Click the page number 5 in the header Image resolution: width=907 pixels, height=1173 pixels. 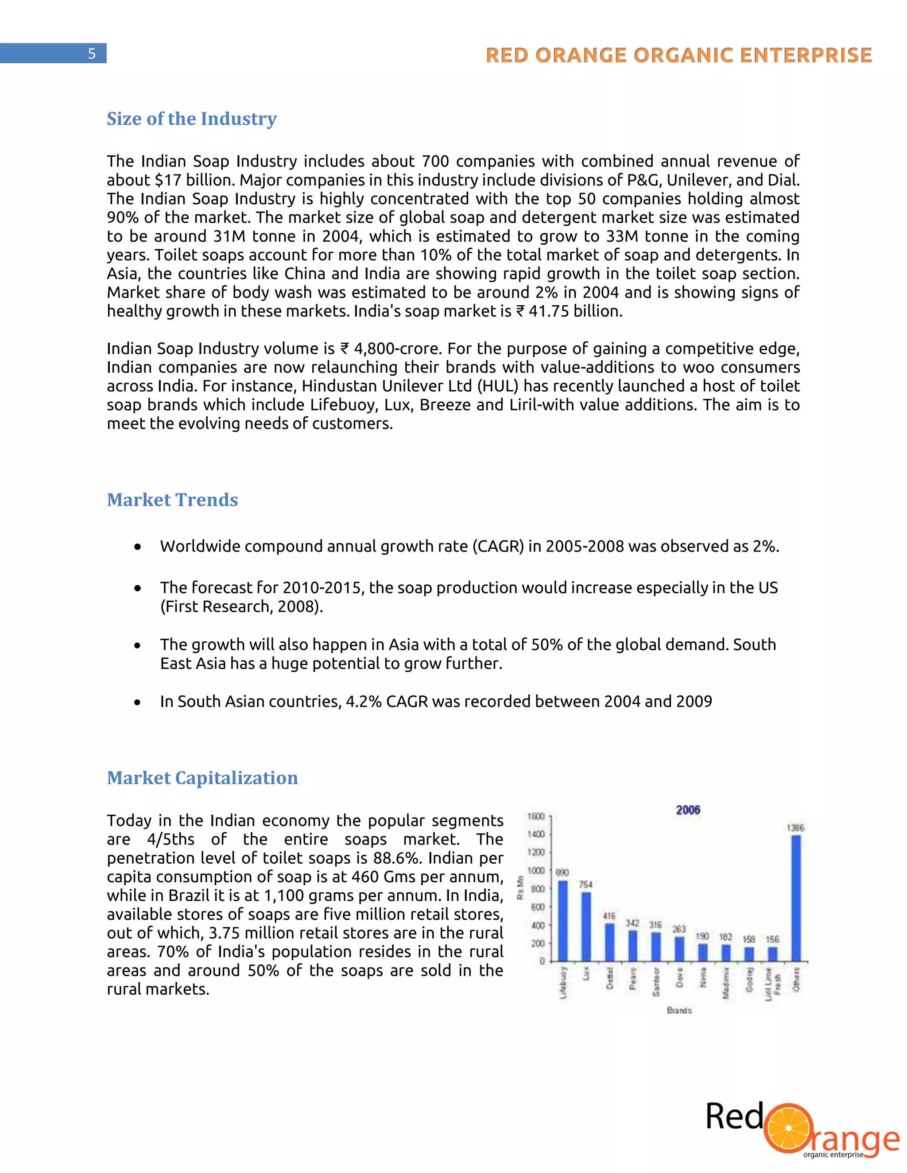[x=92, y=54]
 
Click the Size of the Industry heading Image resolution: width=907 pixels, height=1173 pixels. [x=191, y=119]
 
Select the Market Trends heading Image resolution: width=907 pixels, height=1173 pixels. [x=172, y=500]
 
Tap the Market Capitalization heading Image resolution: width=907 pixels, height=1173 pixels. [x=202, y=778]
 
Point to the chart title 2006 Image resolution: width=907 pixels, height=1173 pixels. [x=688, y=810]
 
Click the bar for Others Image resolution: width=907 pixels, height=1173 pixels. [x=796, y=898]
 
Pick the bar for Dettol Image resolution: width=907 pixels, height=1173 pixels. [x=609, y=942]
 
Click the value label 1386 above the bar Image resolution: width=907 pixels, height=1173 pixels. [x=795, y=828]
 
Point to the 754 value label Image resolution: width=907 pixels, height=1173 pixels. [x=585, y=884]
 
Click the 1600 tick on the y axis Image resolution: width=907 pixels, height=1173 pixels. [x=536, y=816]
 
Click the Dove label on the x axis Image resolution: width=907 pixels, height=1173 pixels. [x=680, y=977]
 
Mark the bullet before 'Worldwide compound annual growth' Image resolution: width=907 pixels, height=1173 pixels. [x=138, y=547]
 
